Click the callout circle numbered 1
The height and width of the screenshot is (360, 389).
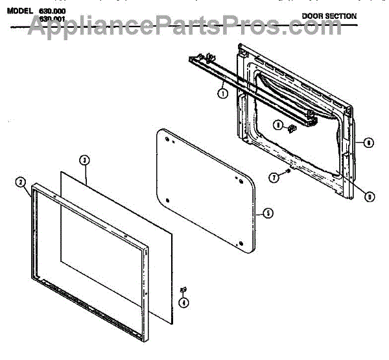[222, 93]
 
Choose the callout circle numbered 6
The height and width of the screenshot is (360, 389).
[368, 142]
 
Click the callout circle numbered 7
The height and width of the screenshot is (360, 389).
[274, 176]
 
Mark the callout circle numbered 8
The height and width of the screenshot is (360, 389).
[277, 125]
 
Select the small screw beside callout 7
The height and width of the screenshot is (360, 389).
[284, 172]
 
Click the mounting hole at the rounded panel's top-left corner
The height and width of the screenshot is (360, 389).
[167, 139]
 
